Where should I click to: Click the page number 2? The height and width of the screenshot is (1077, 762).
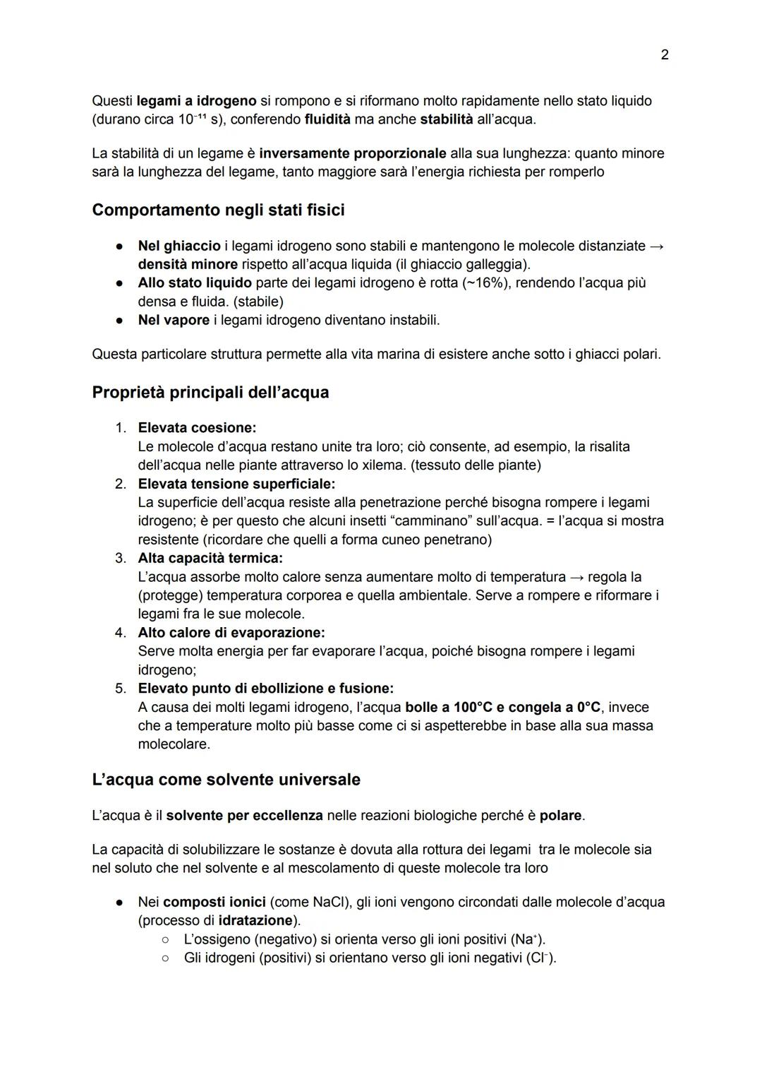coord(664,54)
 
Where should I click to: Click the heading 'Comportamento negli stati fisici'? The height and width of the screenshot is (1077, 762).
coord(218,210)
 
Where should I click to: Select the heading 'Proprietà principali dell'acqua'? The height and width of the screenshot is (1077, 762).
coord(210,393)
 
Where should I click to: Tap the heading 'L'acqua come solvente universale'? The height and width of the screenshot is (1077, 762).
coord(226,780)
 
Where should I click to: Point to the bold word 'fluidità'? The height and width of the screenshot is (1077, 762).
coord(327,119)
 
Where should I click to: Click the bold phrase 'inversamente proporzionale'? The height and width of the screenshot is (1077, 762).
coord(353,153)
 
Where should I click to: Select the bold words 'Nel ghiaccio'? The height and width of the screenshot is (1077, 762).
coord(179,246)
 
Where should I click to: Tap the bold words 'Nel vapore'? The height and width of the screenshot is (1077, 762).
coord(174,320)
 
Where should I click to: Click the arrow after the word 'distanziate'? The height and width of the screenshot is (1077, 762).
coord(656,246)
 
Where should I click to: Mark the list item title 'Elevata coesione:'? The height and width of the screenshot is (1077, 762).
coord(197,428)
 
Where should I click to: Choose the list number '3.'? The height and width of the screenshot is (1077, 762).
coord(121,559)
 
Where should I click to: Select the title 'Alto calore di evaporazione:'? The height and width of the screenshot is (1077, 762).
coord(231,633)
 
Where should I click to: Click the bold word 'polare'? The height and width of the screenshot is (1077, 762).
coord(561,816)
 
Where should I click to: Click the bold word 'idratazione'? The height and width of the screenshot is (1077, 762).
coord(255,921)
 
